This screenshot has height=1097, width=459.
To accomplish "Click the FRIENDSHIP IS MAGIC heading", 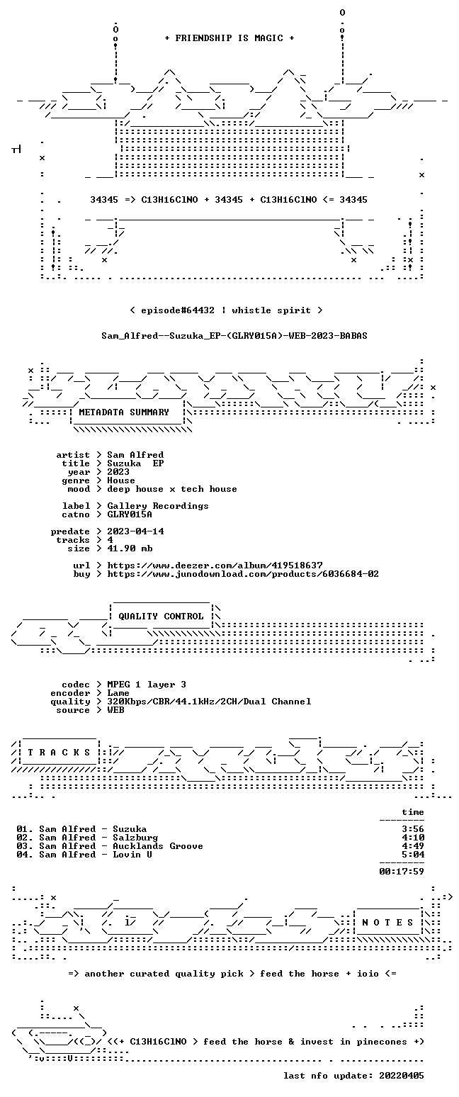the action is tap(229, 38).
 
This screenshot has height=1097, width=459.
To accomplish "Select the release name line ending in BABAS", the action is tap(234, 336).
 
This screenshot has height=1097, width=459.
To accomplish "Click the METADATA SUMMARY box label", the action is tap(124, 412).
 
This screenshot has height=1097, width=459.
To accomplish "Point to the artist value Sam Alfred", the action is tap(135, 455).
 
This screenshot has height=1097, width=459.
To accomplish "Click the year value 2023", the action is tap(118, 472).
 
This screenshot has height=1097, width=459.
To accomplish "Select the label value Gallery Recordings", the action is tap(158, 506).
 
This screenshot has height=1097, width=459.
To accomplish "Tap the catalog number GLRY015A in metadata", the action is tap(130, 514).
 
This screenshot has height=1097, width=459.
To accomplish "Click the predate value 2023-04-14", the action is tap(135, 531).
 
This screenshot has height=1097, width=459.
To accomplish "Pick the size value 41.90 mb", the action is tap(130, 548).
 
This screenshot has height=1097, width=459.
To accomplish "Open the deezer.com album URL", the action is tap(215, 566).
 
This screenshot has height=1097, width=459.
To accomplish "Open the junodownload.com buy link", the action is tap(243, 574).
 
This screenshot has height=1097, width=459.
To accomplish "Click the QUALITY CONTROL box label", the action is tap(161, 617).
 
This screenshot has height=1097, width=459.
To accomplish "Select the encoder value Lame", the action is tap(118, 693).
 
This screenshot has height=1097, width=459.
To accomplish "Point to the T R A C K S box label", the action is tap(59, 753).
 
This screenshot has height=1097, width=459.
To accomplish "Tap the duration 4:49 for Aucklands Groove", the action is tap(413, 846).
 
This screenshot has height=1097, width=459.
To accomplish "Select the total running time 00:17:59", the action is tap(402, 872).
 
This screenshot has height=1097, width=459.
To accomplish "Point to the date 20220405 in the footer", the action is tap(402, 1076).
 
